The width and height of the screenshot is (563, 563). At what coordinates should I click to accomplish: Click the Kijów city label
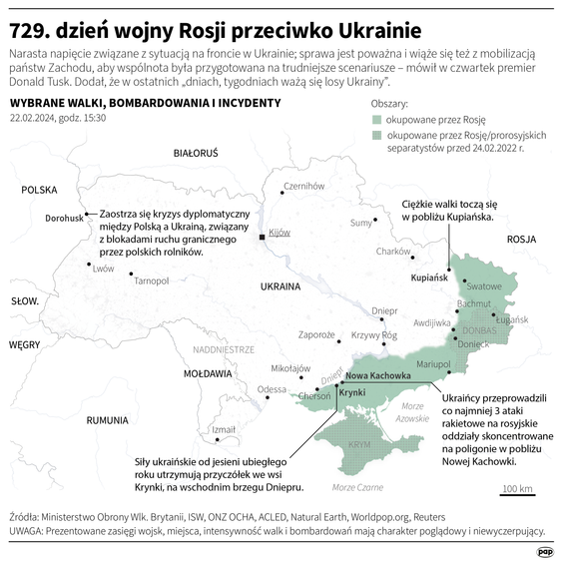tap(279, 232)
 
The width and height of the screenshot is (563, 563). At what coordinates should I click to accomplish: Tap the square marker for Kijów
tap(263, 238)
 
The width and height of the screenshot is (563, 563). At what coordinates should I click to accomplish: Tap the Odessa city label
tap(272, 389)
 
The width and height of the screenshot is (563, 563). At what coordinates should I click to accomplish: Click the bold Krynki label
tap(352, 392)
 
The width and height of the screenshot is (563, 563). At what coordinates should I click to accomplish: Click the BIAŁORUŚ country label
tap(195, 155)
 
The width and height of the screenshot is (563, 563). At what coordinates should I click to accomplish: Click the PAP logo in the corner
tap(545, 550)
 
